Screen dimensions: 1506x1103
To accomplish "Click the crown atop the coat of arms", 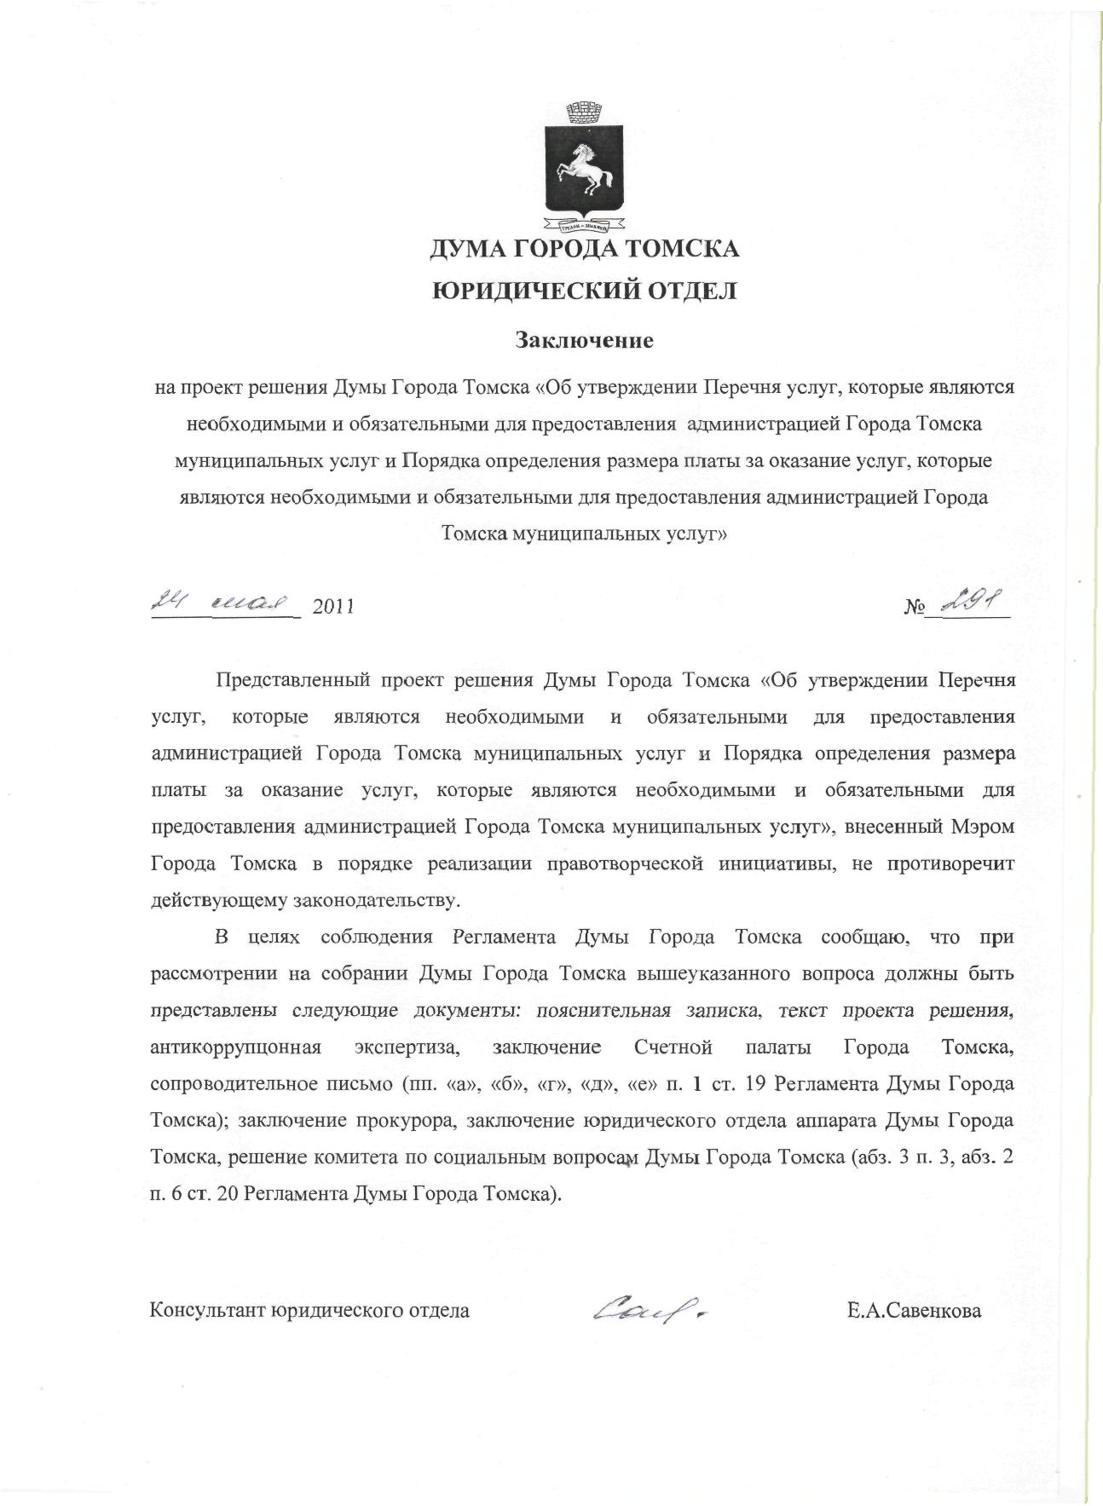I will (x=584, y=112).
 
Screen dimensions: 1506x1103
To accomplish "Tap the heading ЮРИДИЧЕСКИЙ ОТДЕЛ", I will (x=584, y=291).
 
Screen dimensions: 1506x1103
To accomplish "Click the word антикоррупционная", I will (x=235, y=1047).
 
